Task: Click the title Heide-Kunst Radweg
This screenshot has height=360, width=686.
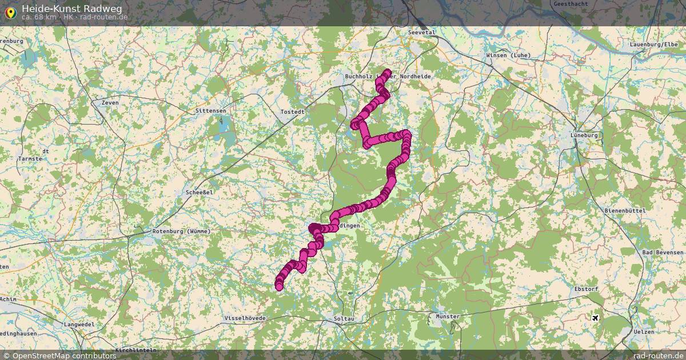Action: [x=71, y=8]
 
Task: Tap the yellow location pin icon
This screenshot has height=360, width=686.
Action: [x=10, y=11]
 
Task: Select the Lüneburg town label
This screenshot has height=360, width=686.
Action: [x=584, y=135]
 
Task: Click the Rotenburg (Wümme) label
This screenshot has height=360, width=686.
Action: [x=182, y=231]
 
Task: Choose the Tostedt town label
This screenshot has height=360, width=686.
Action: [x=292, y=112]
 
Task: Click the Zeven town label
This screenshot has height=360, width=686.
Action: [x=109, y=102]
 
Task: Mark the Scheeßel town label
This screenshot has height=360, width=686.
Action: [x=200, y=193]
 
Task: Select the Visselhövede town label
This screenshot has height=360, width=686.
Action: [x=245, y=317]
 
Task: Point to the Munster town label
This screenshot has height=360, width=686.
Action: [x=447, y=317]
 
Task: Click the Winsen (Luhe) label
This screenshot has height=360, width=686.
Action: [x=508, y=55]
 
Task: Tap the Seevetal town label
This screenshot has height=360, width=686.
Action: [x=422, y=33]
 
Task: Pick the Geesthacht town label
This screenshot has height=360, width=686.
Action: [x=570, y=4]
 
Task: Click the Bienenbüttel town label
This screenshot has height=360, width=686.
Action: [x=625, y=211]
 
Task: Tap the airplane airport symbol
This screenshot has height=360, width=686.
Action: [x=596, y=318]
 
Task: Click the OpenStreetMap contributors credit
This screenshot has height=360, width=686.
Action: [x=59, y=356]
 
